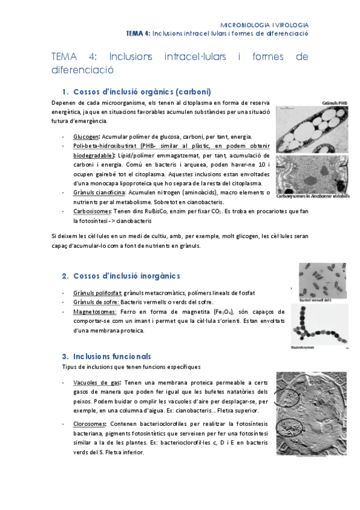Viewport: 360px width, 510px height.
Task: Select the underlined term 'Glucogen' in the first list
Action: [x=85, y=137]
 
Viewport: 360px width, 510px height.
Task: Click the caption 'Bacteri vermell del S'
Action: [x=316, y=299]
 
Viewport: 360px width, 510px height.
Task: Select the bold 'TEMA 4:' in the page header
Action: [x=138, y=34]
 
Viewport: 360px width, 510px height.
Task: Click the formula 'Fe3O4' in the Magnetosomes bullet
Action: [x=224, y=312]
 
